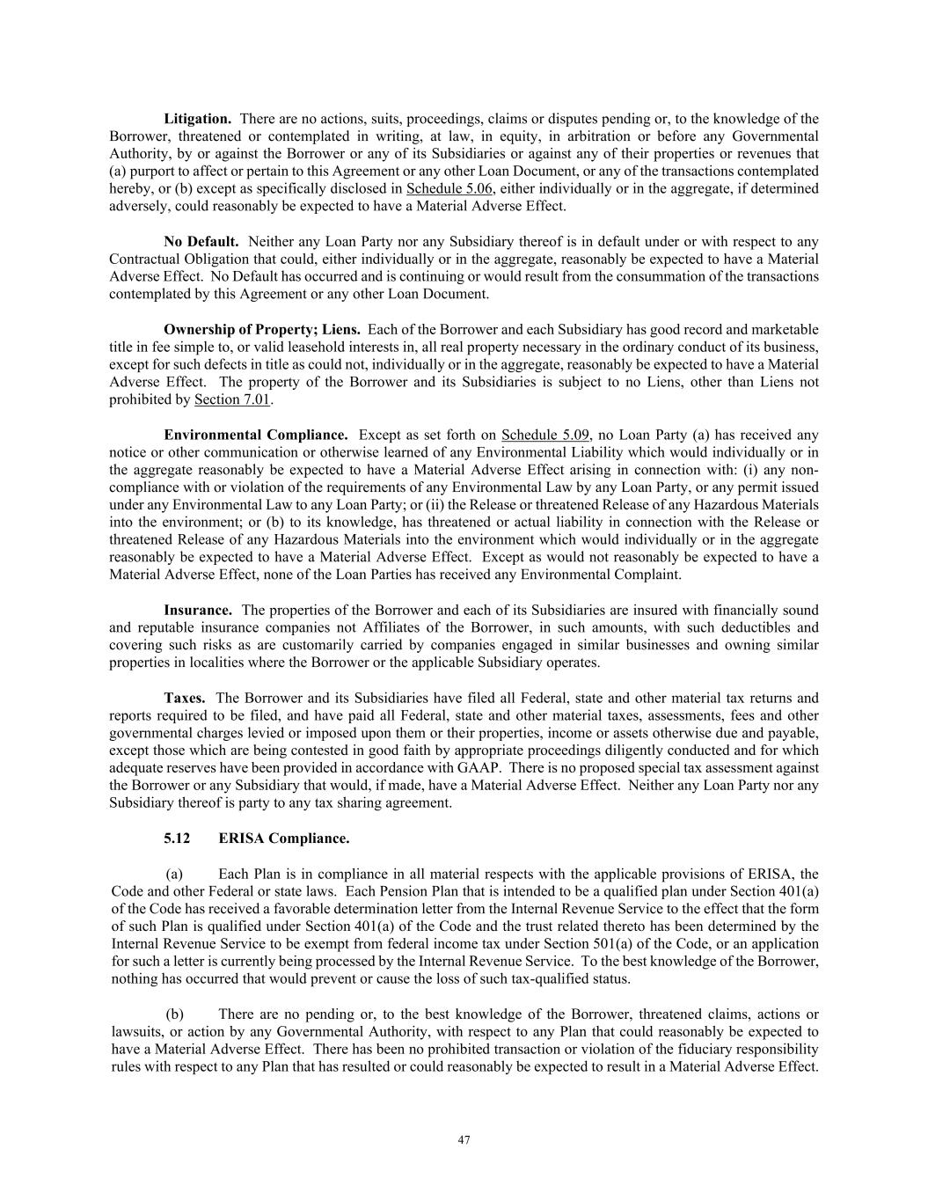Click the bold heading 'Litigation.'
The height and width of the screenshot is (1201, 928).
click(x=197, y=119)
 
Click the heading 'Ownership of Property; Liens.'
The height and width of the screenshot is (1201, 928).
click(x=261, y=330)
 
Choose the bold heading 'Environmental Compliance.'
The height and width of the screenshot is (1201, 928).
click(x=255, y=436)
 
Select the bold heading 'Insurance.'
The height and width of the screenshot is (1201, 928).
click(x=198, y=611)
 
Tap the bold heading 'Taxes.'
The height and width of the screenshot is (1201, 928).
click(x=185, y=699)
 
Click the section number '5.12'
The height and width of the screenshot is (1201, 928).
click(x=176, y=839)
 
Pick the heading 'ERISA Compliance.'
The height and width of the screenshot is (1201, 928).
click(x=283, y=839)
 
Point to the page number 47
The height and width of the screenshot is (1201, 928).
click(x=464, y=1140)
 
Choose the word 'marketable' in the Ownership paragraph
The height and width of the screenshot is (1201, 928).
click(x=786, y=330)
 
